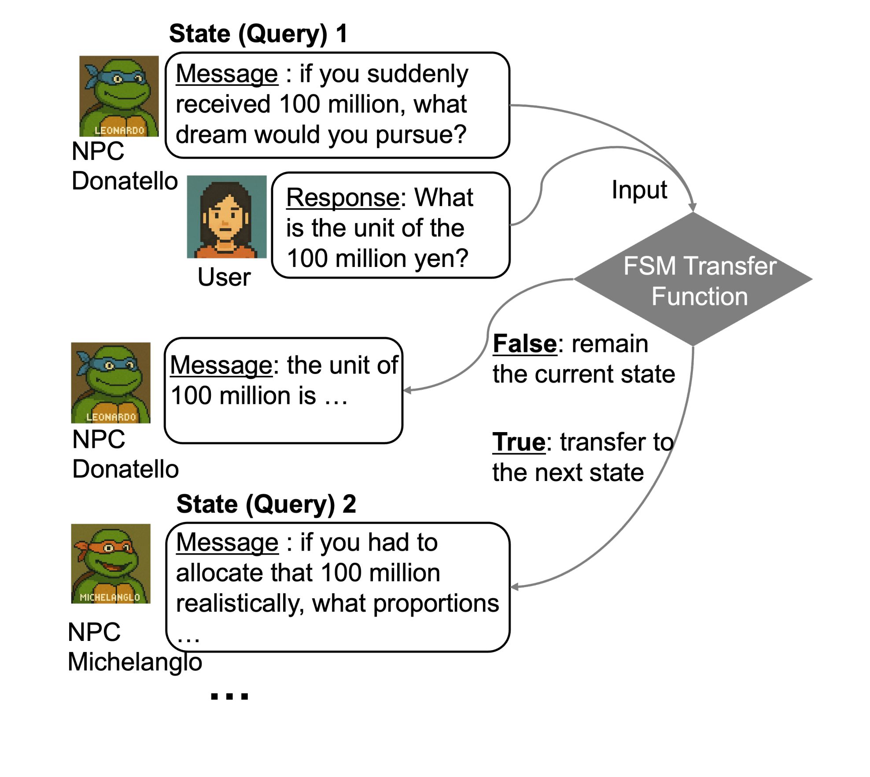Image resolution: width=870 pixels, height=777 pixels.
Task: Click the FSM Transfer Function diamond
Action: [x=693, y=279]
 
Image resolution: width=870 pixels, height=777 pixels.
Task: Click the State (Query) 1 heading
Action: [x=258, y=33]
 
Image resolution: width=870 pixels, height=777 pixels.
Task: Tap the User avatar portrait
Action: [x=227, y=216]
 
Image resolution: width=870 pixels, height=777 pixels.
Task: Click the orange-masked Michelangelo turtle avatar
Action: [x=111, y=563]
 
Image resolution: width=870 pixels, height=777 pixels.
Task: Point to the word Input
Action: [x=639, y=190]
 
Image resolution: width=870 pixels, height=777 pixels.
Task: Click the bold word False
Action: [x=525, y=344]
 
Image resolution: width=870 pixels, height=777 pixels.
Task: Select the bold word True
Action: [x=519, y=442]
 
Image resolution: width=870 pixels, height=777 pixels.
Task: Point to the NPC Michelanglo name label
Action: [x=135, y=647]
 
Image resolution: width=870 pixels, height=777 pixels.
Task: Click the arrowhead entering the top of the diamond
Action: [x=692, y=207]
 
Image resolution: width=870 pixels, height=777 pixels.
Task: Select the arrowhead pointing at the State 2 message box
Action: [x=515, y=587]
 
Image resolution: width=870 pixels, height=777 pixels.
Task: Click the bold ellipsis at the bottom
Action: [x=229, y=696]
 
